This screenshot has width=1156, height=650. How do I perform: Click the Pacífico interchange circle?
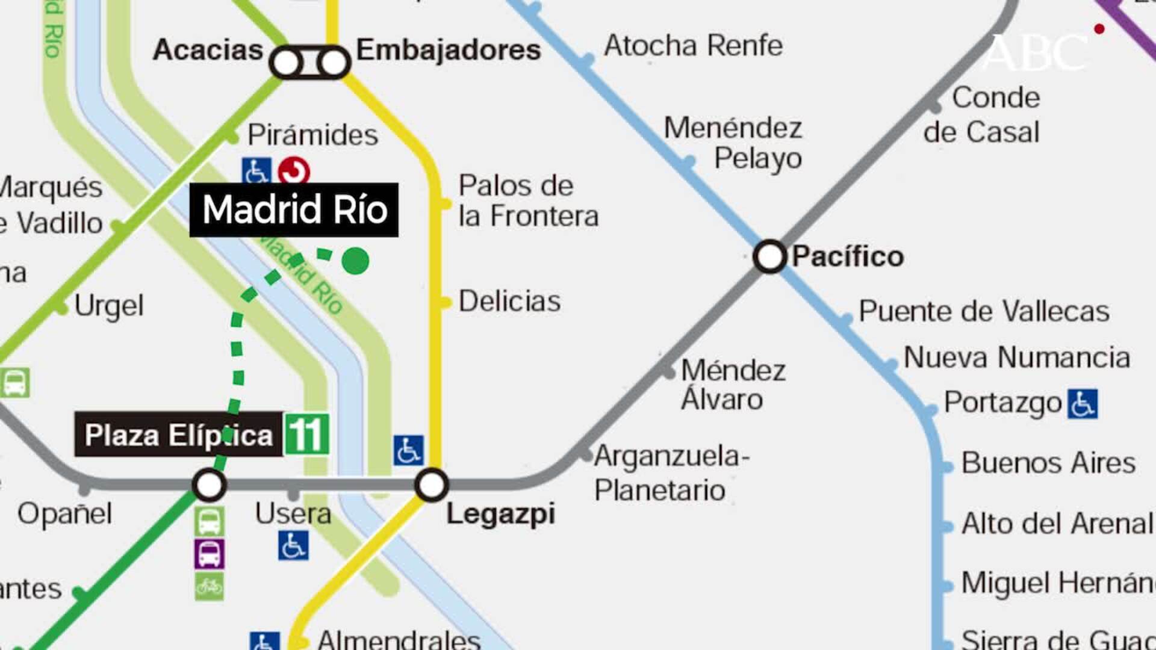[x=769, y=256]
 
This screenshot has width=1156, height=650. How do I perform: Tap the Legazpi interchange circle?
[x=431, y=485]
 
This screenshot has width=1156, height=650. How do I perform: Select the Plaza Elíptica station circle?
[x=209, y=485]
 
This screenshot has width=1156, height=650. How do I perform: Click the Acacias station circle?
[x=287, y=62]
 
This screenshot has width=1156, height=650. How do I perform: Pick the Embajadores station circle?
[x=333, y=62]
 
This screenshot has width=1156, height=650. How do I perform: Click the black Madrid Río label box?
[x=294, y=209]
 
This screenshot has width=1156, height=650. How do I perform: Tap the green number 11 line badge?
[x=306, y=434]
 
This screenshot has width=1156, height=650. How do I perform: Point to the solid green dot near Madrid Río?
[x=355, y=261]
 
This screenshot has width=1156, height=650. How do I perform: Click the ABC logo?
[x=1036, y=53]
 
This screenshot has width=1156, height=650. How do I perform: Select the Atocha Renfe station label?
[x=693, y=46]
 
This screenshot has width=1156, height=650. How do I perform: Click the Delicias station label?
[x=509, y=301]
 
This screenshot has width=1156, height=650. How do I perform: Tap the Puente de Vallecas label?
[x=983, y=311]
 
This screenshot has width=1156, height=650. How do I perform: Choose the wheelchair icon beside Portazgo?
[x=1083, y=403]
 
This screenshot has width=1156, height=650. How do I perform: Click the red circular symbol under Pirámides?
[x=294, y=172]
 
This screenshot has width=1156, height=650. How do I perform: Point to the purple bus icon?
[x=210, y=554]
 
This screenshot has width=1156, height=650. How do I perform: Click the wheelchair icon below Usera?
[x=293, y=545]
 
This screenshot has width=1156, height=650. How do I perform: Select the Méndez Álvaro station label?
[x=733, y=385]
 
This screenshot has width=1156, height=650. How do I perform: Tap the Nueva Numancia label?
[x=1016, y=357]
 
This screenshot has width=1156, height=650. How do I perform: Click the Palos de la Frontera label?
[x=528, y=201]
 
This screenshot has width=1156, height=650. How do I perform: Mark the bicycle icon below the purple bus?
[x=210, y=586]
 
